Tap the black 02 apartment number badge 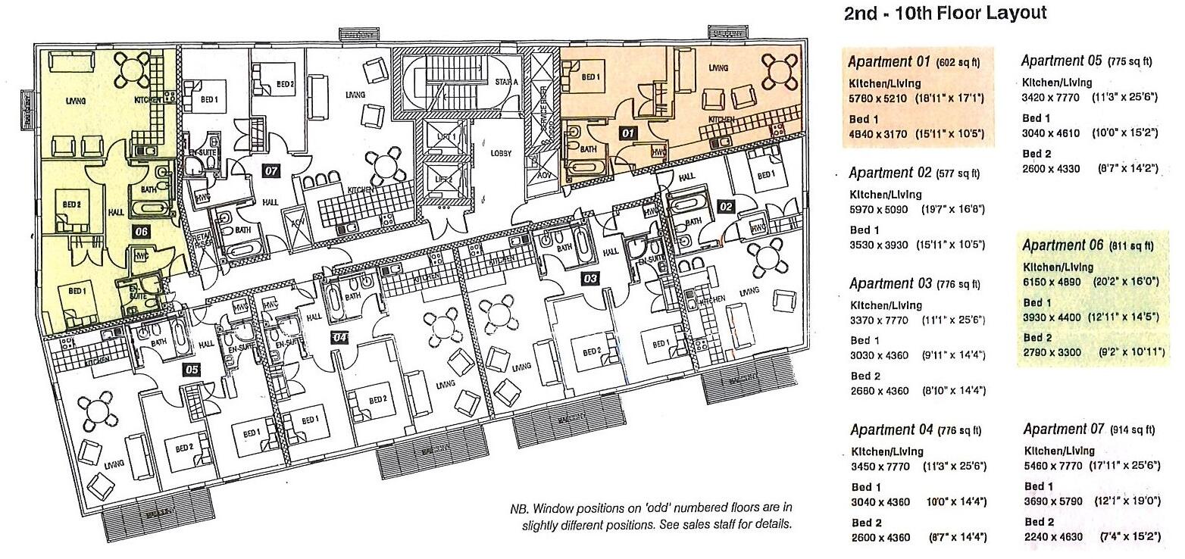pos(726,206)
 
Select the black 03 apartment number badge pos(591,279)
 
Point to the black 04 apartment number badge pos(339,337)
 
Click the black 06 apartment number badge pos(141,232)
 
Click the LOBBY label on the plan pos(501,153)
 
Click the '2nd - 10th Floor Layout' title pos(945,13)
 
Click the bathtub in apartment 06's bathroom pos(149,208)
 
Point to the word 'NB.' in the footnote pos(519,508)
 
